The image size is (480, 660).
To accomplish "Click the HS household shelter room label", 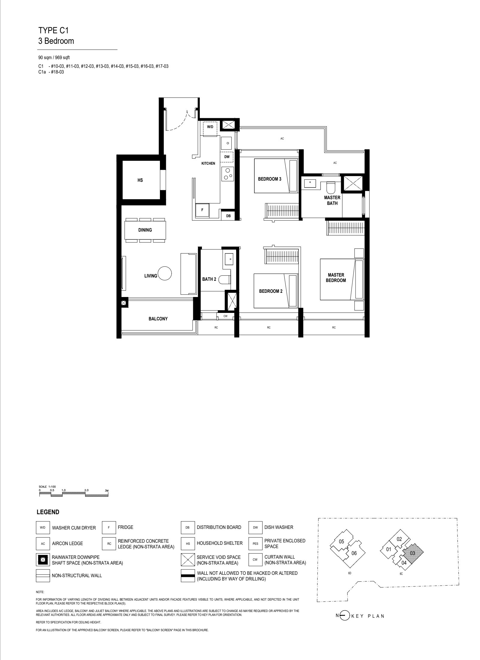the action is tap(140, 180).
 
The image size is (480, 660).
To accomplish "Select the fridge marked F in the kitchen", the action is tap(202, 210).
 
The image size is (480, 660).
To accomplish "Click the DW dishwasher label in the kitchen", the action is tap(227, 157).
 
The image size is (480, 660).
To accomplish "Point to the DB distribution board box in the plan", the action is tap(228, 215).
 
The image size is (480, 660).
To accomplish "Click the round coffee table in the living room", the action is tap(165, 273).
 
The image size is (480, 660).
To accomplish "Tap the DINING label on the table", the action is tap(145, 230).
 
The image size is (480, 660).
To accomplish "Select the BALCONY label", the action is tap(158, 319).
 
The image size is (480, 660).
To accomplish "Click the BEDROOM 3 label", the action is tap(270, 179).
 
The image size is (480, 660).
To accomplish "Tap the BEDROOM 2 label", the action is tap(271, 291).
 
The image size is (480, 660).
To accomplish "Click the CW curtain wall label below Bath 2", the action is tap(225, 316).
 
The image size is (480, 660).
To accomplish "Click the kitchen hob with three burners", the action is tap(227, 174).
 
